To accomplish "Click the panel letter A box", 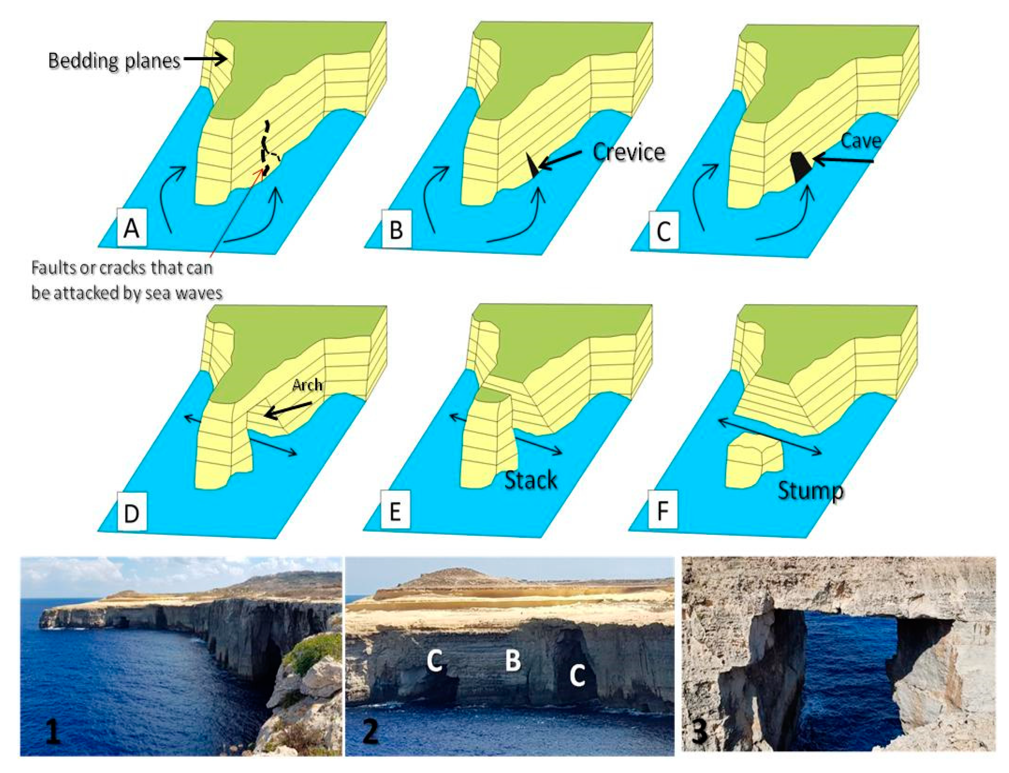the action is pyautogui.click(x=132, y=228).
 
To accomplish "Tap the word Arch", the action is pyautogui.click(x=307, y=385).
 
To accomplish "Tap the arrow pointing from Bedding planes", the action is pyautogui.click(x=205, y=59).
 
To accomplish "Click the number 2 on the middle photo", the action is pyautogui.click(x=370, y=732).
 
